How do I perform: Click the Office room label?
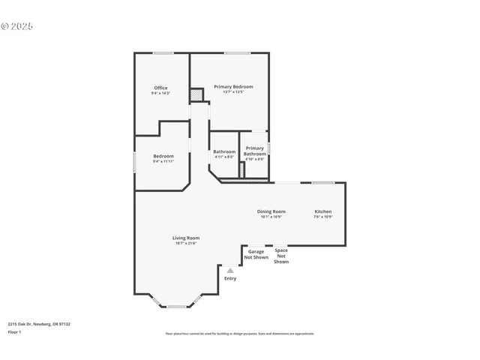pos(160,88)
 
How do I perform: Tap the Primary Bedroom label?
pos(233,87)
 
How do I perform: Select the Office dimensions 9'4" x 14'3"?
pos(160,93)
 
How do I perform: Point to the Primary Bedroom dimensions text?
pos(233,92)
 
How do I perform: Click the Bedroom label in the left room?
pos(163,156)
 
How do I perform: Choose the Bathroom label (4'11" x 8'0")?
pos(224,151)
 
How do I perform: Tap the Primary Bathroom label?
pos(254,151)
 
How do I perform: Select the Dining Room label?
pos(271,211)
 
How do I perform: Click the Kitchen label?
pos(322,211)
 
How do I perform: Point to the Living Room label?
pos(187,238)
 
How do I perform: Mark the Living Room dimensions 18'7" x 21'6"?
pos(187,243)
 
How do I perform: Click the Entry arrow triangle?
pos(230,271)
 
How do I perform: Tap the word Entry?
pos(230,278)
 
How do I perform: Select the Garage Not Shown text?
pos(256,254)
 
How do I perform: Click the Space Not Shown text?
pos(281,256)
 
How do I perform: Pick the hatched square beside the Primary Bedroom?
pos(196,95)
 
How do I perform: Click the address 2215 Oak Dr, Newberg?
pos(39,324)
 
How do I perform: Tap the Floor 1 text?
pos(15,331)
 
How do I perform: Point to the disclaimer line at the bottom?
pos(240,334)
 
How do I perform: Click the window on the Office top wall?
pos(163,52)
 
